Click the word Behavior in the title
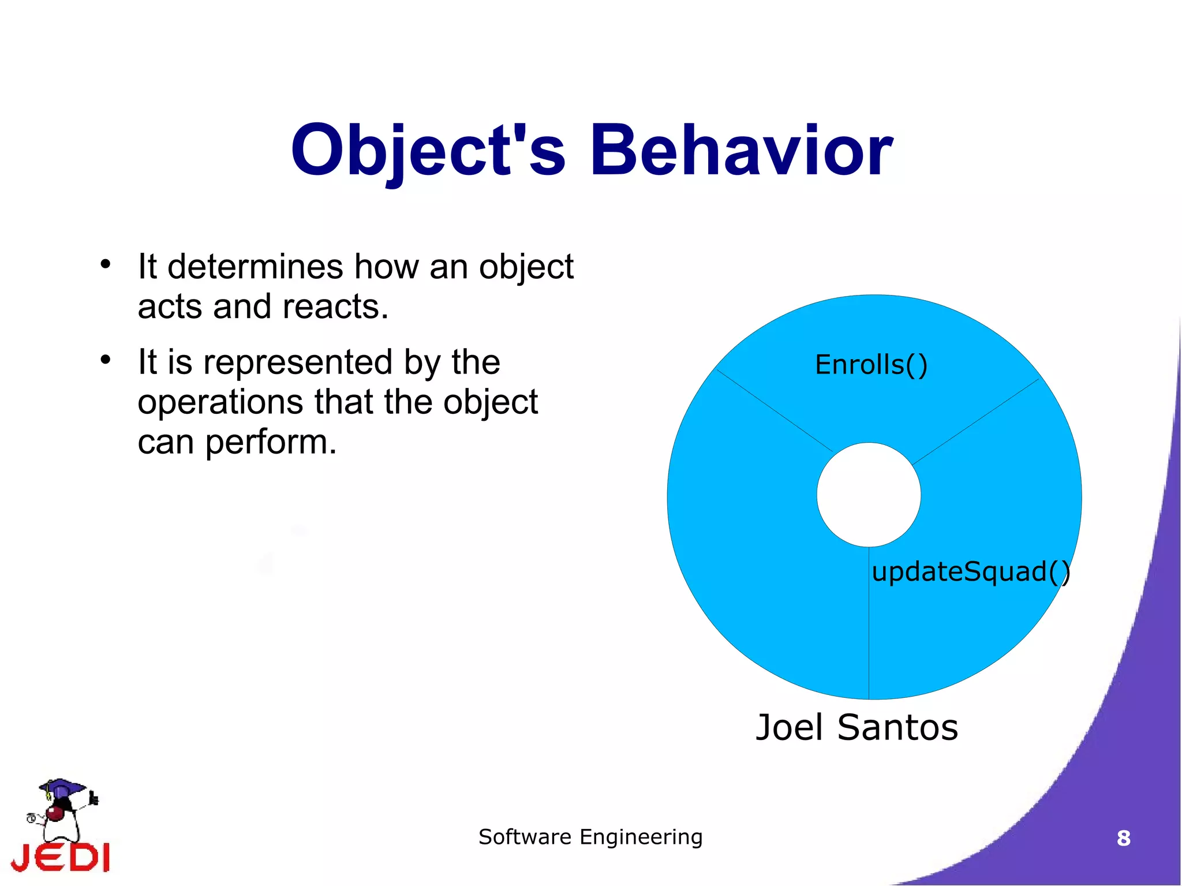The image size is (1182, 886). point(741,151)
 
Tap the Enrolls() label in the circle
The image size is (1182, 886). point(871,365)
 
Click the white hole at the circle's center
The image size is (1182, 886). point(869,495)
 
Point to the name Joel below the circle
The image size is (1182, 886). point(789,727)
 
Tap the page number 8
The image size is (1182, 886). point(1123,838)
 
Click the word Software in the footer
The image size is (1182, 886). point(525,837)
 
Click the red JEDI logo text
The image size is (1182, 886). point(61,857)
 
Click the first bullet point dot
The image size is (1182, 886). point(105,264)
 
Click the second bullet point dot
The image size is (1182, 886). point(105,360)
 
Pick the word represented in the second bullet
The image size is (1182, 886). point(298,362)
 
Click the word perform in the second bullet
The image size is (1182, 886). point(271,443)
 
